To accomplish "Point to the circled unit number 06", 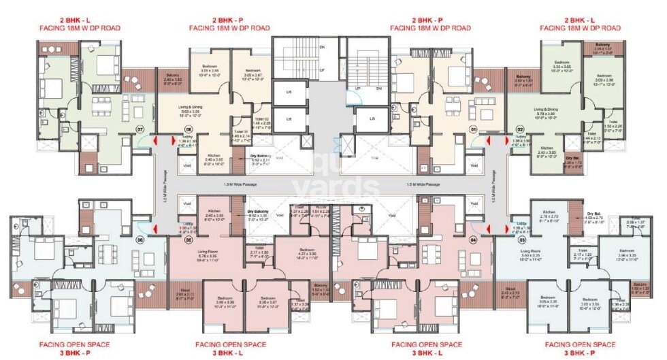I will (140, 240).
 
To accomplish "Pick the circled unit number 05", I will (188, 240).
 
